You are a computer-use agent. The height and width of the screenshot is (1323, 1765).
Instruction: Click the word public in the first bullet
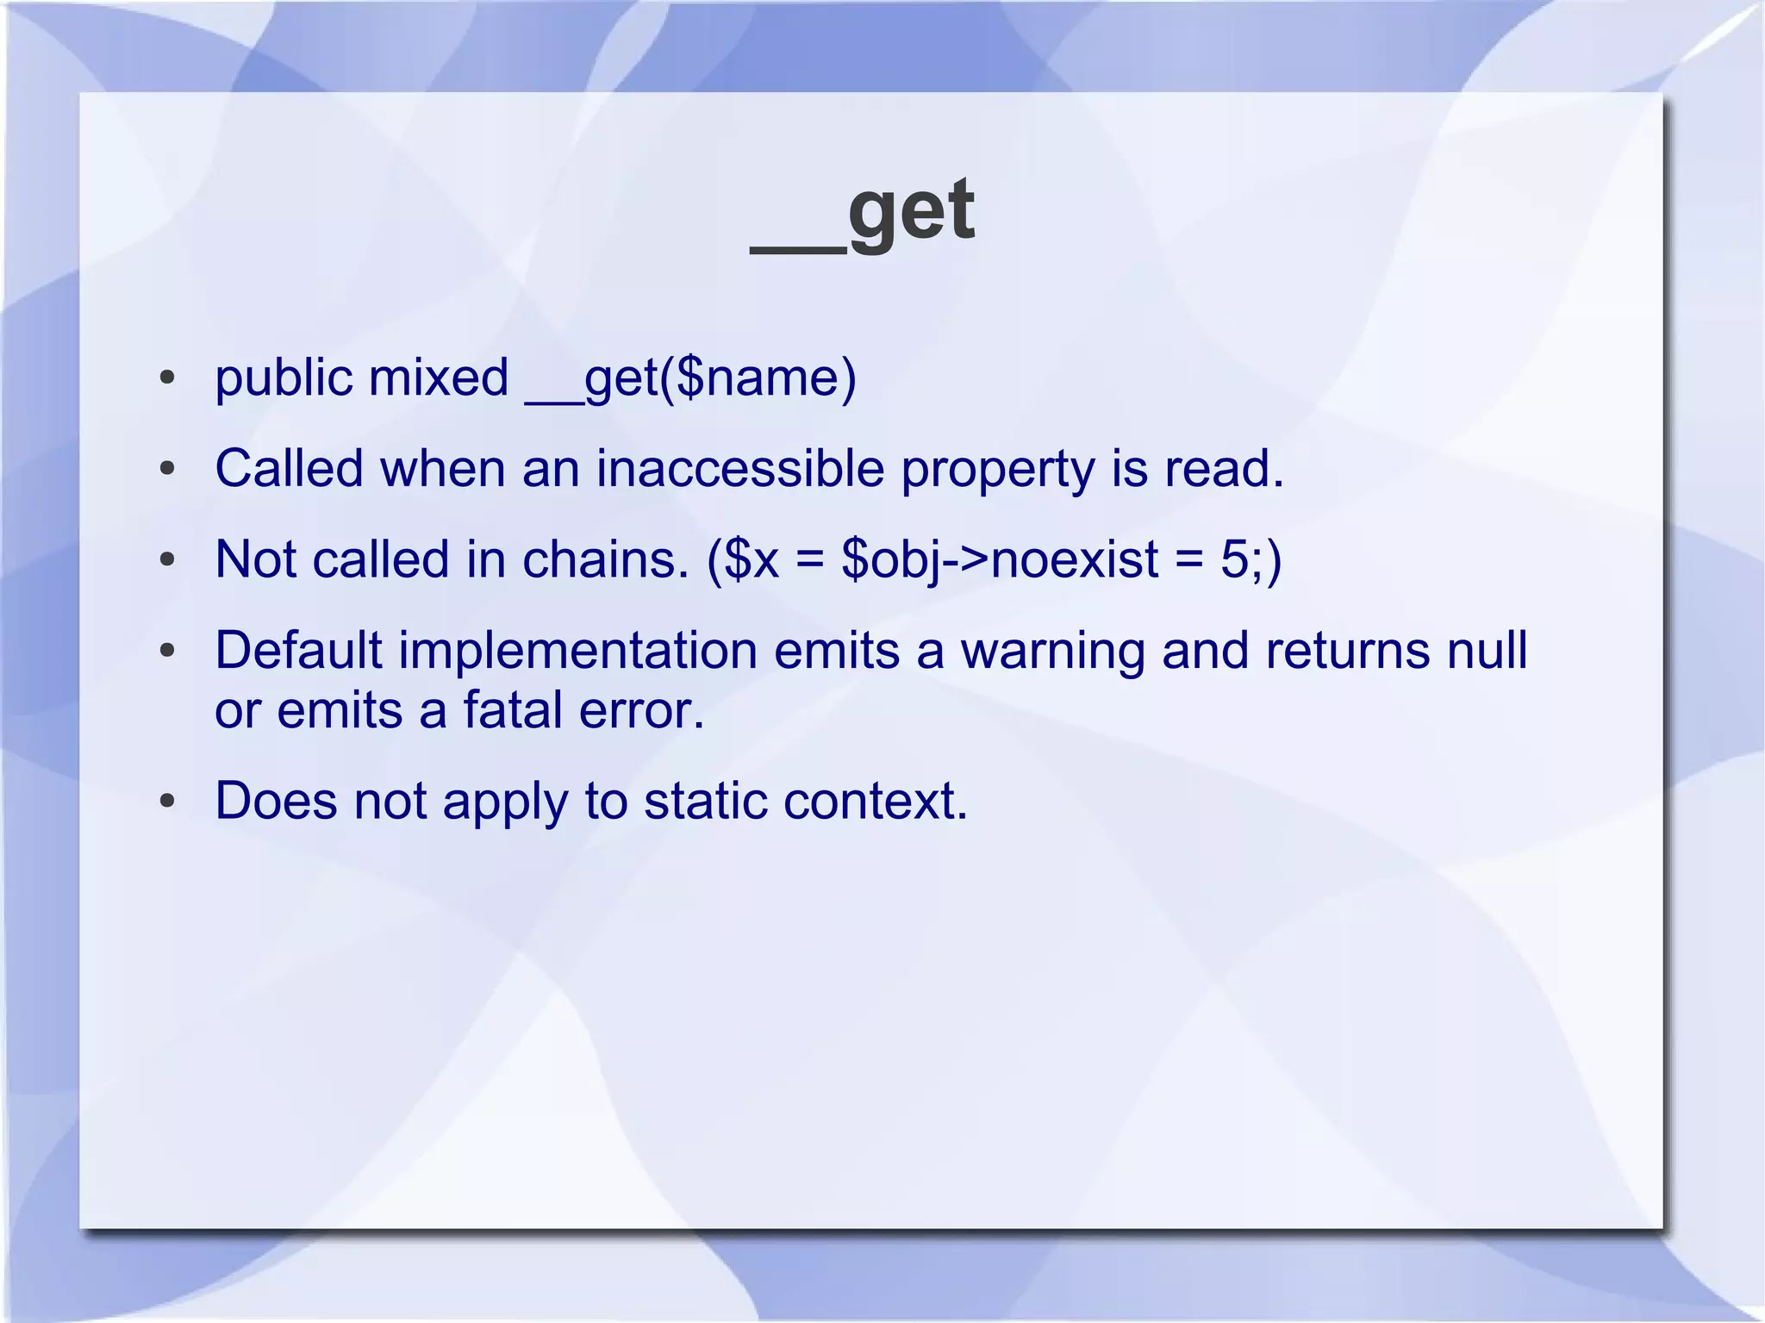284,379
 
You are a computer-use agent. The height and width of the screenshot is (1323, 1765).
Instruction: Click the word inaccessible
740,469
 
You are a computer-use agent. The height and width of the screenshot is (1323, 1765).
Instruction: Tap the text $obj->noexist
1000,560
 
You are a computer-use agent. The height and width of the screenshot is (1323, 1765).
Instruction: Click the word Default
298,650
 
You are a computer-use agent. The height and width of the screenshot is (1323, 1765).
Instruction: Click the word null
1487,650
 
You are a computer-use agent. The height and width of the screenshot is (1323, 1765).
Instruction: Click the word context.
876,801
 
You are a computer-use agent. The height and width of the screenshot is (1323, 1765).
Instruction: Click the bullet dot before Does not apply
167,801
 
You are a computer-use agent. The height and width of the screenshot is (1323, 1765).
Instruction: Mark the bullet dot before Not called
167,560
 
